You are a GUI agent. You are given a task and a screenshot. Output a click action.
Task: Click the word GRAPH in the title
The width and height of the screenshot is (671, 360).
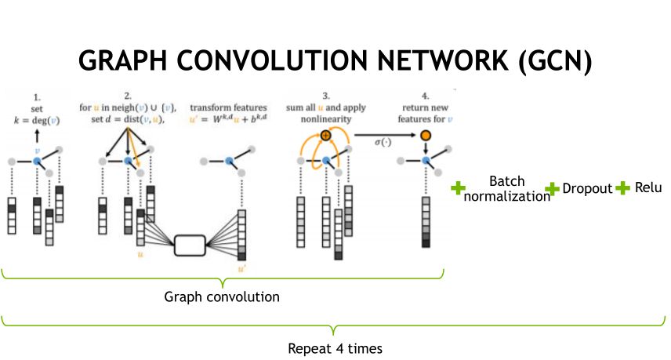click(129, 61)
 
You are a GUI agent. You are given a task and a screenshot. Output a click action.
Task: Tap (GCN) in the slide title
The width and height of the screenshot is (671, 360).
click(554, 61)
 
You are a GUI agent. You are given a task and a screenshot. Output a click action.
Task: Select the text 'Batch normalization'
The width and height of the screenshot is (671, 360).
click(506, 189)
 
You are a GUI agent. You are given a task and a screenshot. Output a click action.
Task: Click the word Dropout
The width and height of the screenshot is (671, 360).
click(587, 189)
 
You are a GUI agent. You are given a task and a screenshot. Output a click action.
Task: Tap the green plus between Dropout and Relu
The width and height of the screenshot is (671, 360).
click(623, 188)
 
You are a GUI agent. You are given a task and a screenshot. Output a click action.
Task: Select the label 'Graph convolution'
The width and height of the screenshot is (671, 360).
click(222, 297)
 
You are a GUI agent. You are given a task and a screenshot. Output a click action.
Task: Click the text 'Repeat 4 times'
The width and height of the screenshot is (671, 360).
click(335, 347)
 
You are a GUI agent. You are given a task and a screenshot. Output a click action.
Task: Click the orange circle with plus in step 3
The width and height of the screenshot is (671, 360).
click(326, 135)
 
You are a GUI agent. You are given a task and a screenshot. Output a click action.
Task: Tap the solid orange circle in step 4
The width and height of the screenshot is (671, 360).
click(426, 136)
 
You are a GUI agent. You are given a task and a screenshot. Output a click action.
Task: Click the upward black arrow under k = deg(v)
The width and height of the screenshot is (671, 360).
click(36, 136)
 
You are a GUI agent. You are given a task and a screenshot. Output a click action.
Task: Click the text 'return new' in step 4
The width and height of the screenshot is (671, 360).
click(426, 107)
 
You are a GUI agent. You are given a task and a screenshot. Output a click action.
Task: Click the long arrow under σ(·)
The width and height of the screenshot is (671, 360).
click(385, 136)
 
